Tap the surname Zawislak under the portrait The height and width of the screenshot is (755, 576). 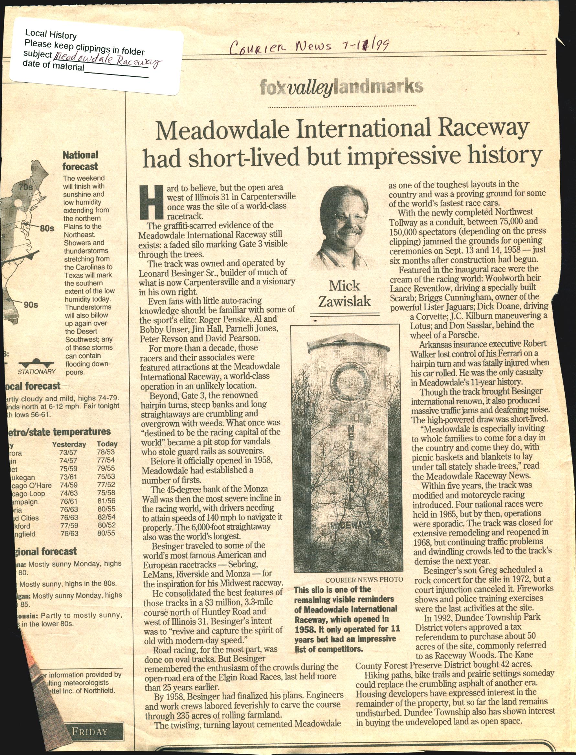coord(345,301)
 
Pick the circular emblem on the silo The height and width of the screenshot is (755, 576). coord(350,381)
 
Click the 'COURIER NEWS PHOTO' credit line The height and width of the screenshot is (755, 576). coord(364,580)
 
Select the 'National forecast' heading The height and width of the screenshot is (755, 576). coord(80,161)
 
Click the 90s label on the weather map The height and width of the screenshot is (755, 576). coord(31,305)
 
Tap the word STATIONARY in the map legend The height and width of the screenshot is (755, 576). coord(37,372)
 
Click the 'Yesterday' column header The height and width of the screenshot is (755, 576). coord(69,444)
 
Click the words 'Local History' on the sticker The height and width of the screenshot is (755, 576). coord(51,34)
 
